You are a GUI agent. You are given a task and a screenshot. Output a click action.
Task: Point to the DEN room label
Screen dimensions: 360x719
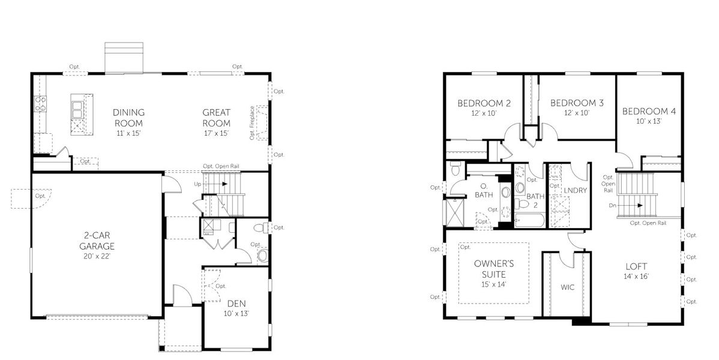pos(235,303)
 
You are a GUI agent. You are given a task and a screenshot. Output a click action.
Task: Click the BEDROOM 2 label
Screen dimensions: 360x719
pos(484,103)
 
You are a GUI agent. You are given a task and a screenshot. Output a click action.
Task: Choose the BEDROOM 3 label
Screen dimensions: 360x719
pos(577,103)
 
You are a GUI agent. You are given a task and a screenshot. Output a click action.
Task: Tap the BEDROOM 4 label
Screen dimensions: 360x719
pos(649,112)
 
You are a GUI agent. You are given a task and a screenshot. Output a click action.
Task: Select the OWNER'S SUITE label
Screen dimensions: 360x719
pos(493,269)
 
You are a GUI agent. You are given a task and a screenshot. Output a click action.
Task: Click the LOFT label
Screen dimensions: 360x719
pos(636,266)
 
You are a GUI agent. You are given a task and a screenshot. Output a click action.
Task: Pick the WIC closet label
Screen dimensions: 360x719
pos(568,287)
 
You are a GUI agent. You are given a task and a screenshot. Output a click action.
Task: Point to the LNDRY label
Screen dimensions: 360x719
pos(575,190)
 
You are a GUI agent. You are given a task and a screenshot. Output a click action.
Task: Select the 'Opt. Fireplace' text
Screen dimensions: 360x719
pos(252,123)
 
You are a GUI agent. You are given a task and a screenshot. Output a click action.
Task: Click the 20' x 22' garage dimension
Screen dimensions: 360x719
pos(97,256)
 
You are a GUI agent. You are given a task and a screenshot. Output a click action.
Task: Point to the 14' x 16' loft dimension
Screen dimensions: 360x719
pos(636,277)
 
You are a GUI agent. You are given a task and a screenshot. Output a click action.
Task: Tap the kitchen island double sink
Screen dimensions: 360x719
pos(77,109)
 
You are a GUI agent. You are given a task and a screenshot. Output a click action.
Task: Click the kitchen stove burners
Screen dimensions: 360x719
pos(41,104)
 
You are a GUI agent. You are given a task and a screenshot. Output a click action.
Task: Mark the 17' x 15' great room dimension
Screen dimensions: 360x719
pos(216,133)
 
